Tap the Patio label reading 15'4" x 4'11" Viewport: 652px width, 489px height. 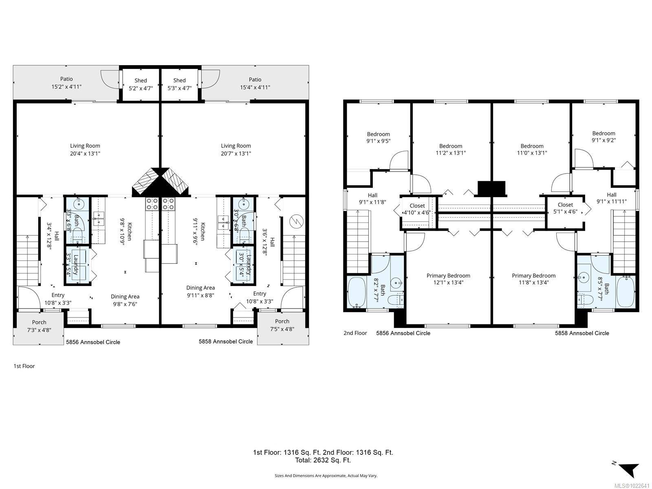click(255, 84)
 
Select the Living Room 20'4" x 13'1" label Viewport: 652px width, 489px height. click(85, 150)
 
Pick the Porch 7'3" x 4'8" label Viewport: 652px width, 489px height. click(39, 326)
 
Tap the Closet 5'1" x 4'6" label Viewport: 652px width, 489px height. click(565, 208)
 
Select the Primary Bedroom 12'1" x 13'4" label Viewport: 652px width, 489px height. click(448, 279)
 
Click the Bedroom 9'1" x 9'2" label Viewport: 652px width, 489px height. click(604, 137)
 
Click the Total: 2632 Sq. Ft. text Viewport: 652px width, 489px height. click(323, 460)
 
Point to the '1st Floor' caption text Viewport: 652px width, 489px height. click(24, 366)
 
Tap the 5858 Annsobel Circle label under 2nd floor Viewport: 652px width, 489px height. click(582, 333)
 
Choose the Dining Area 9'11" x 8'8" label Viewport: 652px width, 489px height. click(200, 291)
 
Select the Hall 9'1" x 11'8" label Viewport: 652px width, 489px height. click(372, 198)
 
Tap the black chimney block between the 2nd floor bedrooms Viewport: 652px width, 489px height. click(491, 188)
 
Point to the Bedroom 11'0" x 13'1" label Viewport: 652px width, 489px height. click(532, 150)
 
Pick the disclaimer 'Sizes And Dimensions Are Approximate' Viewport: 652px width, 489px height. click(326, 476)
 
